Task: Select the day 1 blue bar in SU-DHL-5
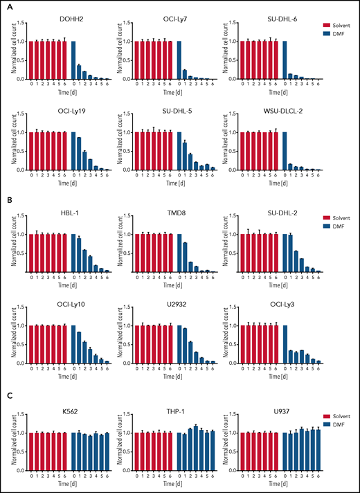click(185, 156)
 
